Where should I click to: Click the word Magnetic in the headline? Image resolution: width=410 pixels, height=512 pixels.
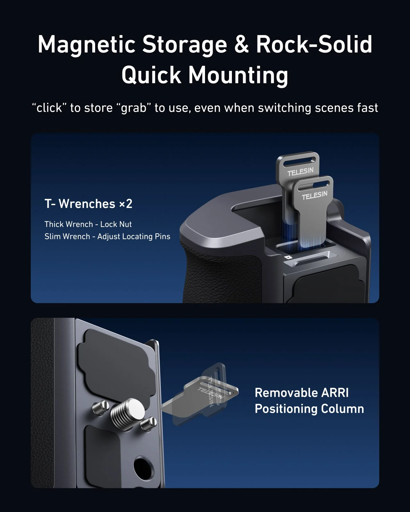coord(86,45)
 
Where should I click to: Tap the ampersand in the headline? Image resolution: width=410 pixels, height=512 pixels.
coord(242,45)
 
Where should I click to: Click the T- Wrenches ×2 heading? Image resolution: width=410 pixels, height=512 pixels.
coord(88,204)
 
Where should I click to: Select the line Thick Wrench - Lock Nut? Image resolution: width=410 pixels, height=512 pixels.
coord(88,224)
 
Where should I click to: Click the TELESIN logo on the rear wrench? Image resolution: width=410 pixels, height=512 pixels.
coord(300,172)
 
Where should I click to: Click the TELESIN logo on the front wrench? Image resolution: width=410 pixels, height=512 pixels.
coord(315,195)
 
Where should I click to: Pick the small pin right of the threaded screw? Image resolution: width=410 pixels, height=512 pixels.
coord(149,423)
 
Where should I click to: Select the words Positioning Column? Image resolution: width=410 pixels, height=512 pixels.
coord(309,409)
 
